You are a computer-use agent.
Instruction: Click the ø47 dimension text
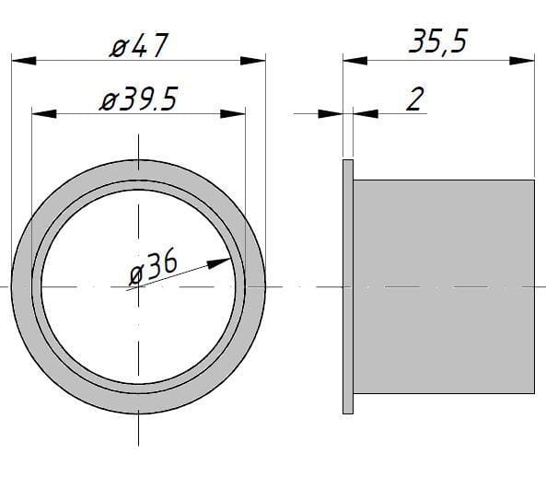pyautogui.click(x=138, y=44)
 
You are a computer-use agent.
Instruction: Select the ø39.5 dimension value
pyautogui.click(x=138, y=99)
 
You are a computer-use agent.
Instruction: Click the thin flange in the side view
pyautogui.click(x=347, y=285)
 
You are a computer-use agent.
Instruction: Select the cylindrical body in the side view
pyautogui.click(x=444, y=285)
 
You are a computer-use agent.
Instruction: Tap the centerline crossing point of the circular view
pyautogui.click(x=138, y=286)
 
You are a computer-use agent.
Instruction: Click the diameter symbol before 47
pyautogui.click(x=115, y=45)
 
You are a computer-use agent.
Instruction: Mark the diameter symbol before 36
pyautogui.click(x=135, y=273)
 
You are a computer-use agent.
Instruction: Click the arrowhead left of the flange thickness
pyautogui.click(x=331, y=114)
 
